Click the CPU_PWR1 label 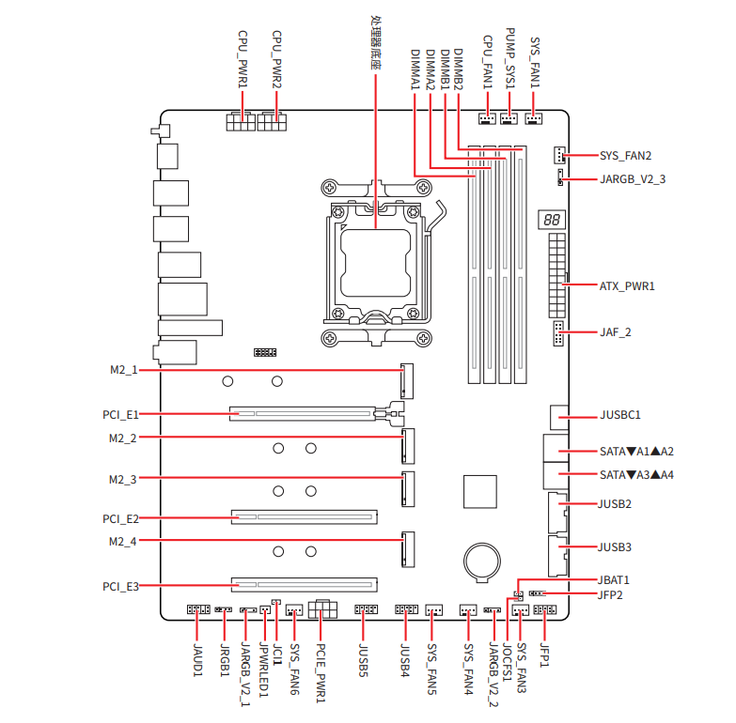[x=243, y=59]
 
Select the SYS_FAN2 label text [x=625, y=156]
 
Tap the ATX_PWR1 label [x=627, y=286]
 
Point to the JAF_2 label [x=616, y=332]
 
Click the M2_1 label [x=124, y=370]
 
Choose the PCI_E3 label [x=120, y=587]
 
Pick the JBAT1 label [x=613, y=580]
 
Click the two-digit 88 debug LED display [x=552, y=220]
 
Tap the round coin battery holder [x=481, y=561]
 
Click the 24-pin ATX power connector [x=557, y=276]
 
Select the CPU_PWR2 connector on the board [x=272, y=121]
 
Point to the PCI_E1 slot [x=303, y=413]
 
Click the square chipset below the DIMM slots [x=479, y=491]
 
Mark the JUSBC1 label [x=620, y=415]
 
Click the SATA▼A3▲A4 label [x=636, y=475]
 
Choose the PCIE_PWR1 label [x=321, y=673]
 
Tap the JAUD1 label [x=197, y=660]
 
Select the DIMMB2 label [x=458, y=69]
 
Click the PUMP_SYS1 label [x=509, y=58]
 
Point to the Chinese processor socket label [x=375, y=42]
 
